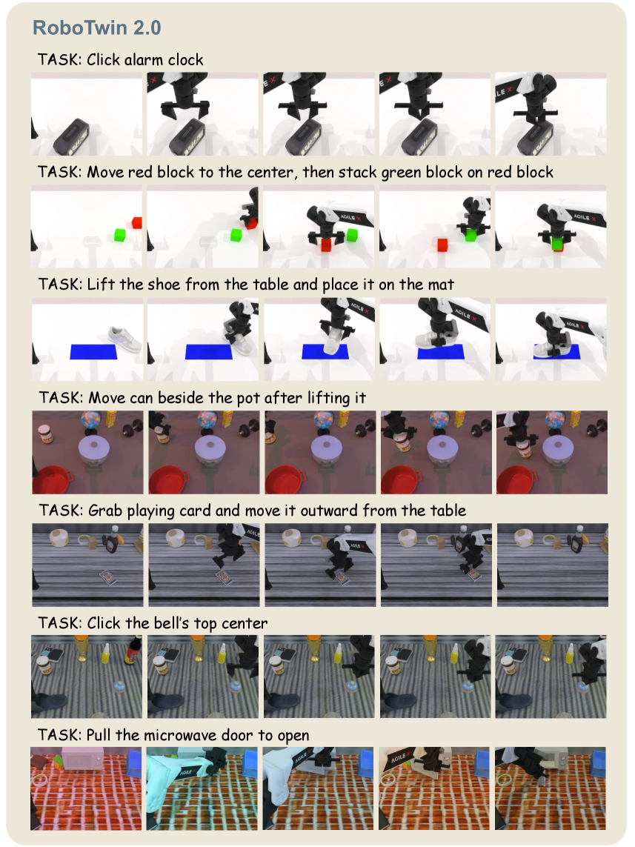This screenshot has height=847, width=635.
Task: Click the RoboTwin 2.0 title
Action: [96, 27]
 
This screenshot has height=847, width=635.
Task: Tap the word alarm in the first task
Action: [144, 59]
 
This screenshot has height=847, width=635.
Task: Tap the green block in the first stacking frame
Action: [120, 234]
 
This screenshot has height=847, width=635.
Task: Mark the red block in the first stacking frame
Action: [136, 222]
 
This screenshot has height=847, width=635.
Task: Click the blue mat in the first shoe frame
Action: [93, 352]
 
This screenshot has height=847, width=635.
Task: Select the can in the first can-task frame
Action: [45, 434]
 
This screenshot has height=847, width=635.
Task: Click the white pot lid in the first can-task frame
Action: [94, 448]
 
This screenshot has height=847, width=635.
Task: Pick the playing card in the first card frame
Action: [110, 578]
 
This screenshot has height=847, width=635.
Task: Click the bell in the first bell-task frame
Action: [119, 686]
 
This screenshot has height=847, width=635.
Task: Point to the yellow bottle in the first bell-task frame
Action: [107, 654]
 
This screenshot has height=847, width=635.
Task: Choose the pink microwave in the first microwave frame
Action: [82, 760]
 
